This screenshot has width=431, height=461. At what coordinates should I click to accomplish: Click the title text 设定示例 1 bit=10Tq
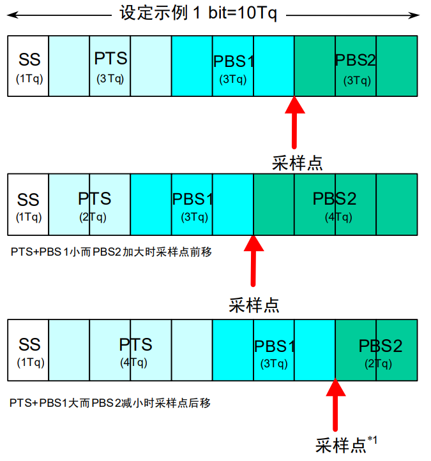click(x=199, y=13)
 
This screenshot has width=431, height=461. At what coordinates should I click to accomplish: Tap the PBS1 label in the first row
click(x=234, y=62)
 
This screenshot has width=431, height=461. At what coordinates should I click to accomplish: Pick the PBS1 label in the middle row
click(x=193, y=198)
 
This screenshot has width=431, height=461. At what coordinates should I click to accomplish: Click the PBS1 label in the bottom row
click(x=275, y=347)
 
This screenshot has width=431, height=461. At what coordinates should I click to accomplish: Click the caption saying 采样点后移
click(x=110, y=403)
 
